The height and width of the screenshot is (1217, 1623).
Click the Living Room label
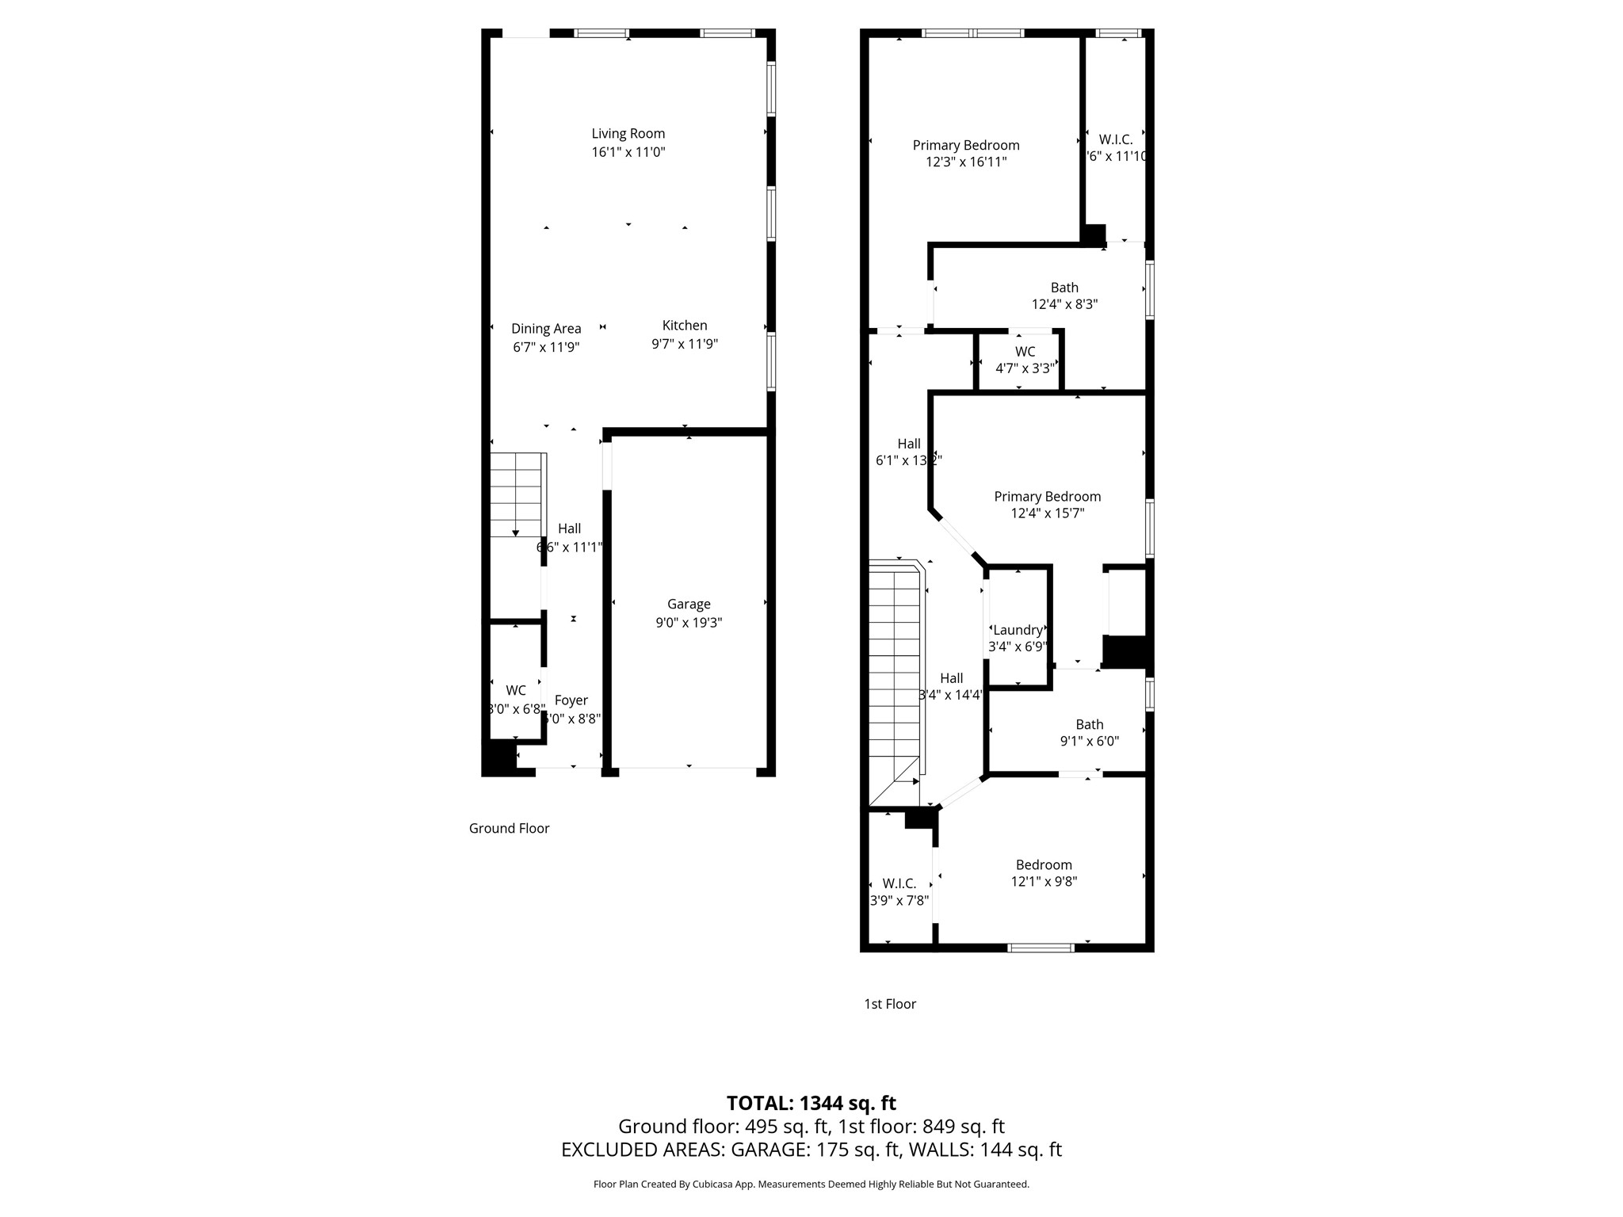[628, 134]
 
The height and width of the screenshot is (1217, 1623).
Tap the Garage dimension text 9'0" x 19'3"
[688, 623]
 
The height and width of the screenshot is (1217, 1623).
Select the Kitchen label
[685, 326]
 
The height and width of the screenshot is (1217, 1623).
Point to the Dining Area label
[546, 329]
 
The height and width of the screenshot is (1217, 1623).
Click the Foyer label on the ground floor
[571, 700]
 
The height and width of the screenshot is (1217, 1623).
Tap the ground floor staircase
[517, 494]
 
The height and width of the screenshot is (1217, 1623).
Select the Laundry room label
[1018, 630]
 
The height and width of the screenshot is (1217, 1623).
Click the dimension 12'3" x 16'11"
[966, 162]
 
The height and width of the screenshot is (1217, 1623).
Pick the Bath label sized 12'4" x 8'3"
[1064, 288]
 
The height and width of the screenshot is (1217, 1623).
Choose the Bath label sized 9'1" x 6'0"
[1089, 724]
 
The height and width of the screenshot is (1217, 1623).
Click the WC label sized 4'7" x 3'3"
[1025, 352]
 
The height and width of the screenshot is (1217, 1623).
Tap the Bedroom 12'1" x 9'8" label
[1044, 865]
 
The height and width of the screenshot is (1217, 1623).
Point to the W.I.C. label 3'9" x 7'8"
[899, 883]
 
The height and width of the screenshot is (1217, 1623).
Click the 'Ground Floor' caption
[509, 829]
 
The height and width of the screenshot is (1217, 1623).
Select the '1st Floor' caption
[889, 1004]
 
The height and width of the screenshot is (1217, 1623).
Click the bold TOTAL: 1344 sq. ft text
[811, 1103]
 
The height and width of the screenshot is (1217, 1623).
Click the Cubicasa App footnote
[811, 1185]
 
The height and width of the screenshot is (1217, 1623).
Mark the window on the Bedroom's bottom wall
[1041, 947]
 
